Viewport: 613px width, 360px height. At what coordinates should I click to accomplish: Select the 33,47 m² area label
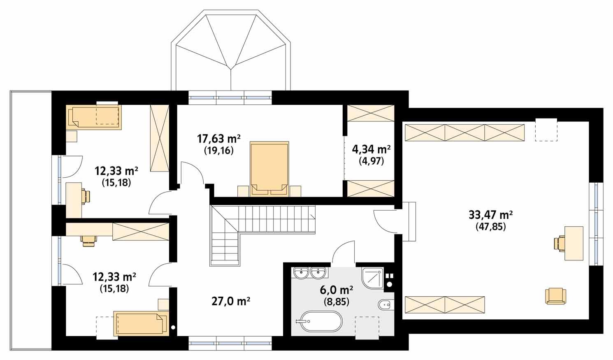[x=490, y=215]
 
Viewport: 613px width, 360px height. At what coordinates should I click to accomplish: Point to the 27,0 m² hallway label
[x=231, y=302]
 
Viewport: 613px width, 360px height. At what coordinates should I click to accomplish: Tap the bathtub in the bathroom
[x=320, y=321]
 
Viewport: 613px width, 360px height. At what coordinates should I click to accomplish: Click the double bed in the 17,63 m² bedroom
[x=269, y=168]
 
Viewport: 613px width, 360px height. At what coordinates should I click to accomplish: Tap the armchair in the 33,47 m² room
[x=555, y=296]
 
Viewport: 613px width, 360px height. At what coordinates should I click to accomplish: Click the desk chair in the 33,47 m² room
[x=559, y=243]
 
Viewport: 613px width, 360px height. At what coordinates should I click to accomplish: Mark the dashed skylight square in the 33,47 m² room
[x=546, y=130]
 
